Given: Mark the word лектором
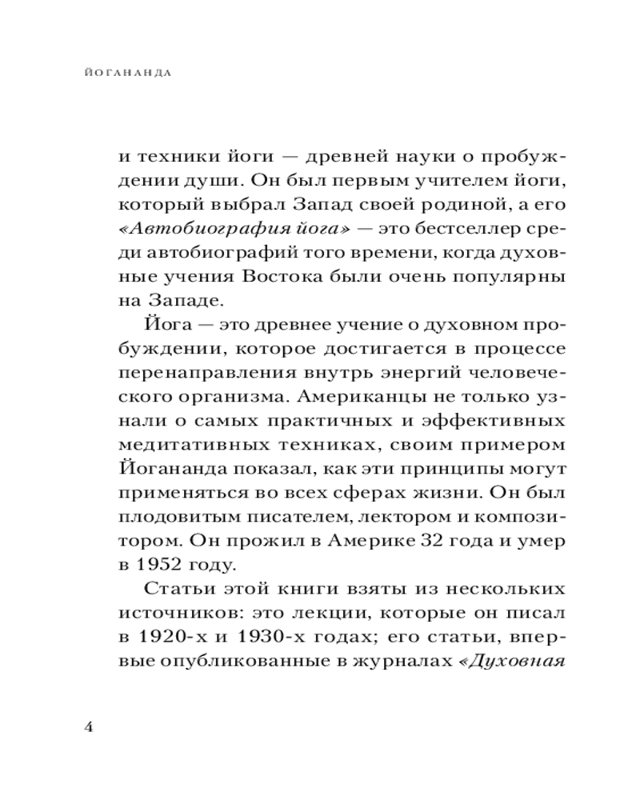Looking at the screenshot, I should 382,517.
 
